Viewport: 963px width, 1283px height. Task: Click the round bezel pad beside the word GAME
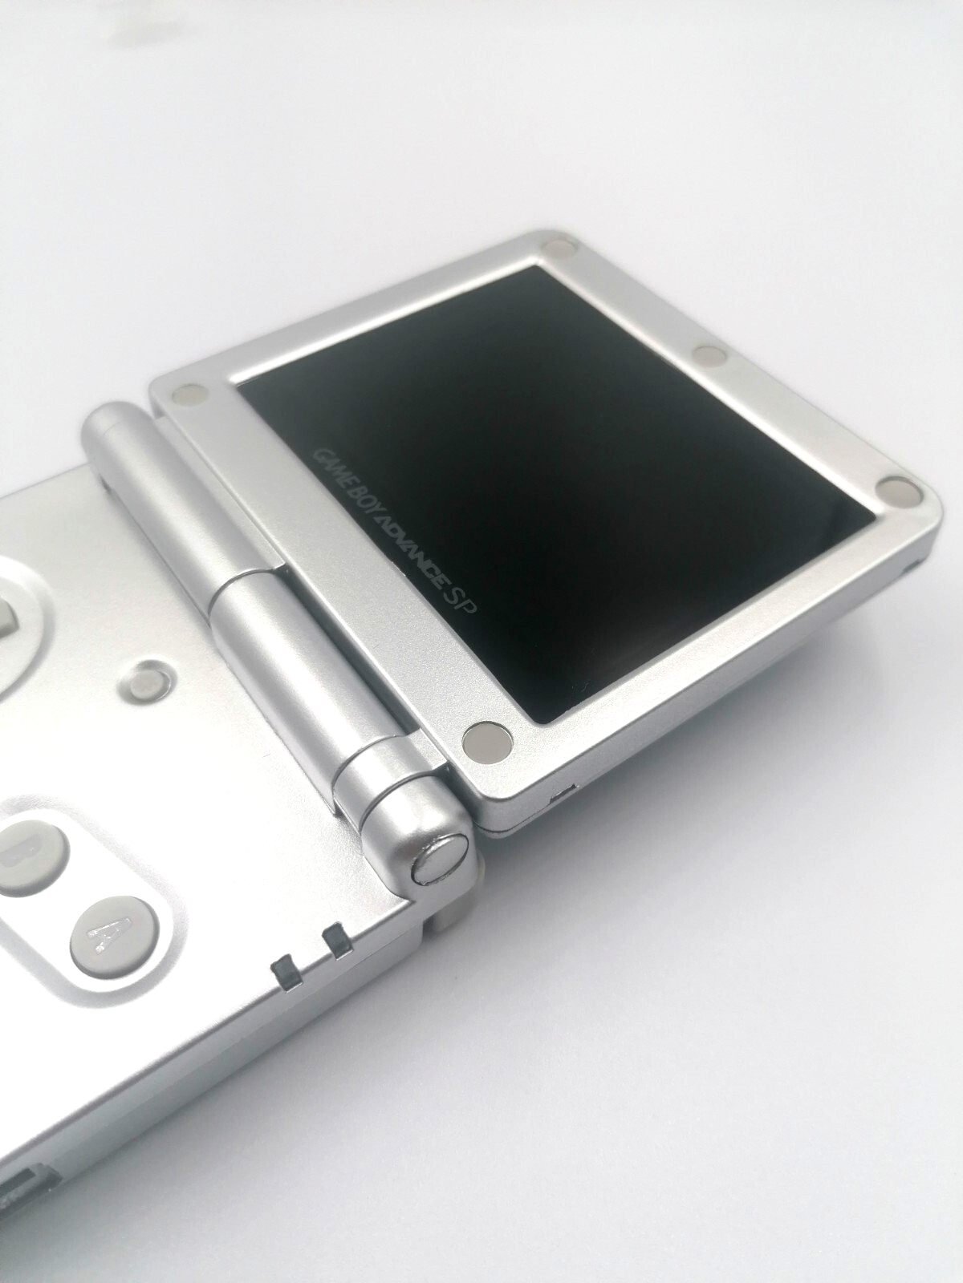[x=191, y=395]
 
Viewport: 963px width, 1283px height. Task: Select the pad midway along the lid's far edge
[x=710, y=354]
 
